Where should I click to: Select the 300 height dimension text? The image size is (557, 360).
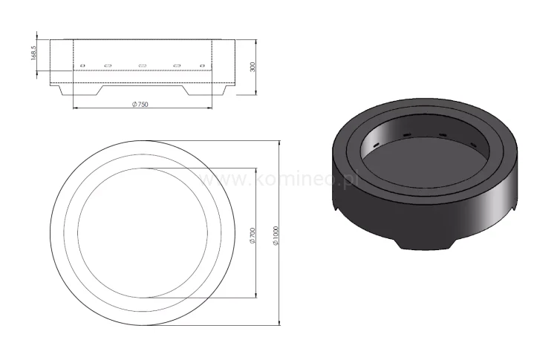(x=253, y=66)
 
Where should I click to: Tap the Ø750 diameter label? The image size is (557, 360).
(x=140, y=105)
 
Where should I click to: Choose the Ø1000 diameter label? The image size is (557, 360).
(x=276, y=234)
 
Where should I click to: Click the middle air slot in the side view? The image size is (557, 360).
(x=142, y=65)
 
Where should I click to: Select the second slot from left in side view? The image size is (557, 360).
(x=108, y=65)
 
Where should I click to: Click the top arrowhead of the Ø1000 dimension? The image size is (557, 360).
(x=278, y=141)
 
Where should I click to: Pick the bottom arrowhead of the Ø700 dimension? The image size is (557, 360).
(x=256, y=295)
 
